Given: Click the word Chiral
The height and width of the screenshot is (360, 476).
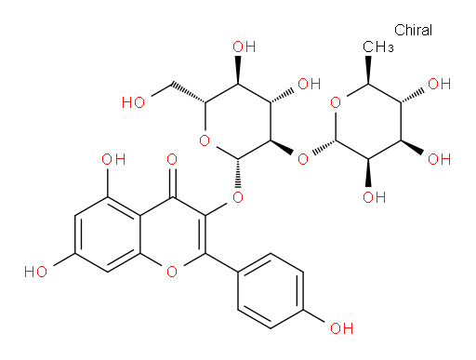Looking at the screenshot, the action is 413,30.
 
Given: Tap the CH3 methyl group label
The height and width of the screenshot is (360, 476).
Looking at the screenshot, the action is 378,47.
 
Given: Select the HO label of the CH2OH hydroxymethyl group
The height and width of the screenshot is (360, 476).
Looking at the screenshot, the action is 133,102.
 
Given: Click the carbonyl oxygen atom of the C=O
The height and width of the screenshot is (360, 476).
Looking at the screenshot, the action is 172,159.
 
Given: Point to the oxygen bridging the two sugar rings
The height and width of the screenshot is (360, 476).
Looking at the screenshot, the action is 303,159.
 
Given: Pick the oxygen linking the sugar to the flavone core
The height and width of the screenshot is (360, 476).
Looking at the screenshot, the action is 238,197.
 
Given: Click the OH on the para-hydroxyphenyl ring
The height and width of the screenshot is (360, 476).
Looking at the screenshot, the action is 341,328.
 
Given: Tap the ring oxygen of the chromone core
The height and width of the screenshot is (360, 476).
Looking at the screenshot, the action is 172,272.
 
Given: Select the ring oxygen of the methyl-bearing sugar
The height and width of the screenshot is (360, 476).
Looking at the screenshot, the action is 336,102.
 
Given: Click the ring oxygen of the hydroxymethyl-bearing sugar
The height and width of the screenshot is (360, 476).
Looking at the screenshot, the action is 205,140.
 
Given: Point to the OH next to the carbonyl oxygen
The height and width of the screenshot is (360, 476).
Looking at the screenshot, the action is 113,159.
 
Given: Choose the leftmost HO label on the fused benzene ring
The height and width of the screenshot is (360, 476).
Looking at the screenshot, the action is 35,272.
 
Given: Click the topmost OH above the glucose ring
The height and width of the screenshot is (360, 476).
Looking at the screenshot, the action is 245,47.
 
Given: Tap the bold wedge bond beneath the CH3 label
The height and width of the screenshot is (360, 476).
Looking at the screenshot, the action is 368,70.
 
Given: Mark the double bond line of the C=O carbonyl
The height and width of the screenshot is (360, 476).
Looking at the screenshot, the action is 174,183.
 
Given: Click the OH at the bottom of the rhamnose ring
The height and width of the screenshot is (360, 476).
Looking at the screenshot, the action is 375,197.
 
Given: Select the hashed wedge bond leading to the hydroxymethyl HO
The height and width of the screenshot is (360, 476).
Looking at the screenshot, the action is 189,93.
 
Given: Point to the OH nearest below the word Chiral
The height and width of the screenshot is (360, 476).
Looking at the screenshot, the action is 439,84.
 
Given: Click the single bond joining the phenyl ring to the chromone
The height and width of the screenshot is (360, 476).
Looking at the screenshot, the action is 221,262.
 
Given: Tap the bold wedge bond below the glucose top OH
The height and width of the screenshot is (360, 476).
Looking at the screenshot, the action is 238,70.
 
